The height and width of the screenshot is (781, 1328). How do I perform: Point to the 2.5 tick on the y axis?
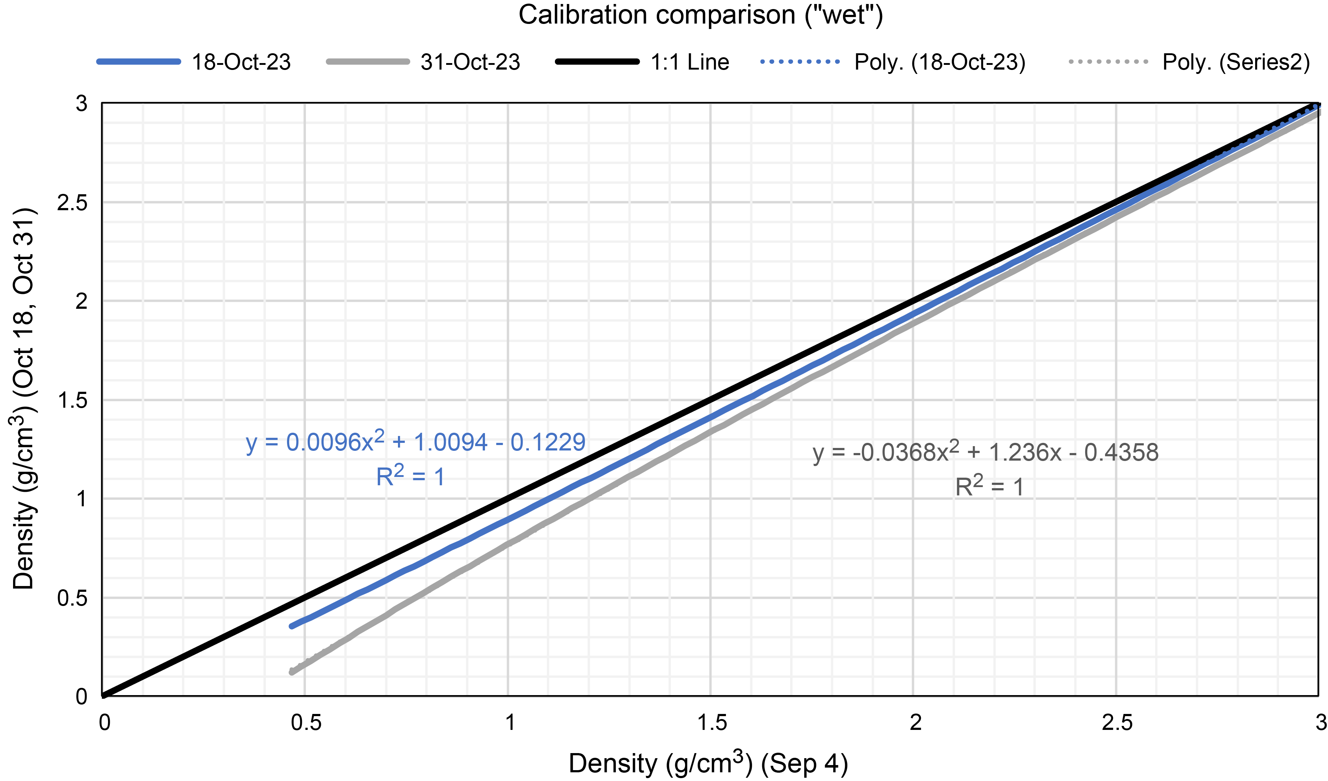click(73, 202)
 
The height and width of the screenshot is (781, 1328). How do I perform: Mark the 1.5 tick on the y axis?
click(73, 400)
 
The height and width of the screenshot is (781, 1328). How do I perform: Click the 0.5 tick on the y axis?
click(73, 598)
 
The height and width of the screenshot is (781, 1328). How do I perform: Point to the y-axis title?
click(23, 399)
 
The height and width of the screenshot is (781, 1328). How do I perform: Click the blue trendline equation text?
click(415, 442)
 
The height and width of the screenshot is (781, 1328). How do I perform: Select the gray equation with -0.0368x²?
click(985, 452)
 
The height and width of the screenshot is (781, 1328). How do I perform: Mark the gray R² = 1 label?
click(989, 486)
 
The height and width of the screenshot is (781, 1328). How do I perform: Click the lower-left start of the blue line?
click(292, 626)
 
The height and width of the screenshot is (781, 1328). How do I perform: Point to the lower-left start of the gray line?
click(292, 672)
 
